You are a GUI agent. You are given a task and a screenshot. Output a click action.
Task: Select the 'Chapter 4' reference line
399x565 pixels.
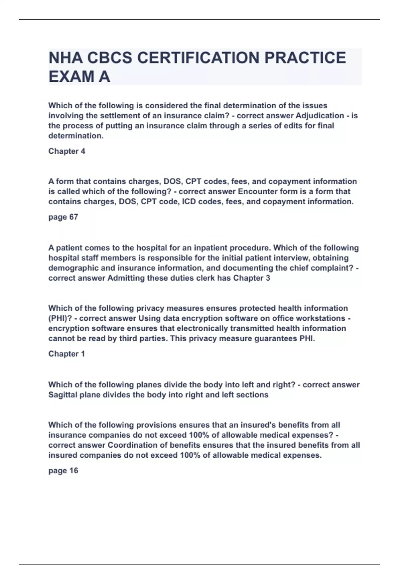[x=67, y=151]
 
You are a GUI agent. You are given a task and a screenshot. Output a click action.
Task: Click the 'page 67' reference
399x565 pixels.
[x=63, y=217]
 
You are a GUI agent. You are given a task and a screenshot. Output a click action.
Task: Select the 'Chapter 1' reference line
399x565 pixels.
[x=66, y=354]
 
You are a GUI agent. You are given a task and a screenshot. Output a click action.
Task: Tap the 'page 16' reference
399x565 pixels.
[x=63, y=471]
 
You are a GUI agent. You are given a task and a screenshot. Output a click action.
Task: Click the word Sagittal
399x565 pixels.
[x=63, y=395]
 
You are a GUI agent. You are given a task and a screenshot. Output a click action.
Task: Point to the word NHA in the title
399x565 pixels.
[x=66, y=58]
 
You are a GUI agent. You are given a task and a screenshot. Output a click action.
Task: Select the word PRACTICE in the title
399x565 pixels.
[x=305, y=58]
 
